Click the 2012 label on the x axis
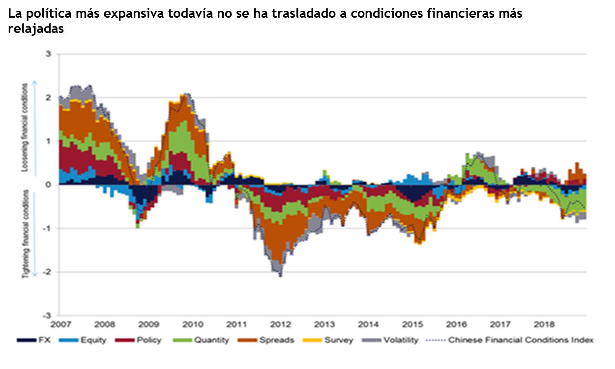tap(281, 325)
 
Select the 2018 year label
tap(544, 325)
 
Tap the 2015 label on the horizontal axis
tap(412, 325)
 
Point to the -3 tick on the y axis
tap(47, 315)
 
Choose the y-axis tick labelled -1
tap(47, 228)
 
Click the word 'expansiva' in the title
tap(129, 14)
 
